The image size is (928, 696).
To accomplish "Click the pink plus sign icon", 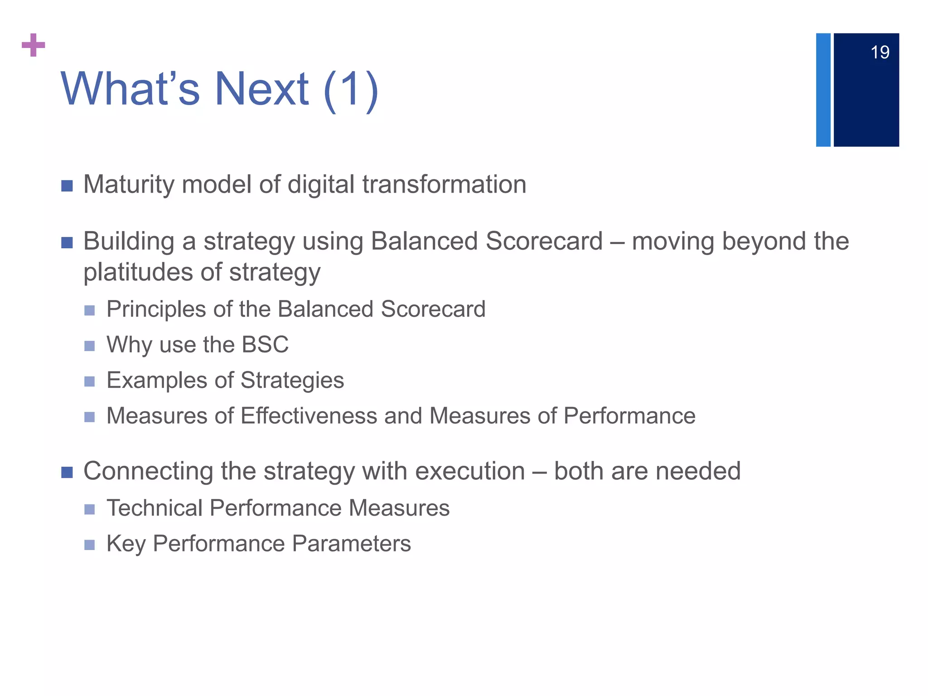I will pos(34,45).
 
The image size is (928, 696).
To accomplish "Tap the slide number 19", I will pos(880,53).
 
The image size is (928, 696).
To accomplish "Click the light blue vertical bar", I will pos(823,90).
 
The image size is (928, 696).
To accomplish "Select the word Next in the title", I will pos(261,89).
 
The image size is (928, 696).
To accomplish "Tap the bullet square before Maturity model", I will pos(67,186).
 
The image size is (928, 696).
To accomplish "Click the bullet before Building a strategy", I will pos(67,243).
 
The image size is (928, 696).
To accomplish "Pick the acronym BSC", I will pos(265,344).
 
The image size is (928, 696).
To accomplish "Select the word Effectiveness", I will pos(309,416).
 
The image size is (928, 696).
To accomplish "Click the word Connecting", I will pos(148,471).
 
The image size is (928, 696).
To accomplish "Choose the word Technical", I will pos(154,508).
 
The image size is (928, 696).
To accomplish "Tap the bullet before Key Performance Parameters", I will pos(90,545).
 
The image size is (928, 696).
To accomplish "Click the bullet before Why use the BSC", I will pos(90,346).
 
